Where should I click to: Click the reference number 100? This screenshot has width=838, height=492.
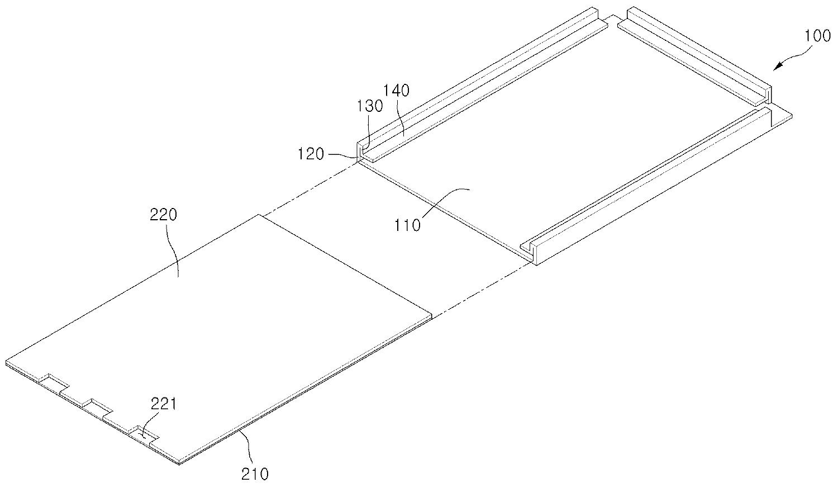[x=817, y=36]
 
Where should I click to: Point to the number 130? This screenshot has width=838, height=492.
[x=370, y=106]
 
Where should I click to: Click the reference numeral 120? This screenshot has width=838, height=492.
[x=311, y=154]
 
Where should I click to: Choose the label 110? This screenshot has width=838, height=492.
[x=407, y=225]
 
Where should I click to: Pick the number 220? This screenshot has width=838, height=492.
[x=163, y=215]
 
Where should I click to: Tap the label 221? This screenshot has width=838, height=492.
[x=164, y=404]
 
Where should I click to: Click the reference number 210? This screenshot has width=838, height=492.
[x=255, y=474]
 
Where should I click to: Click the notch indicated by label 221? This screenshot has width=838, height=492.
[x=144, y=436]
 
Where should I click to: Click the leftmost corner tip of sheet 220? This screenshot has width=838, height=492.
[x=6, y=362]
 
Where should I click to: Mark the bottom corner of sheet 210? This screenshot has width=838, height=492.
[x=179, y=464]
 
